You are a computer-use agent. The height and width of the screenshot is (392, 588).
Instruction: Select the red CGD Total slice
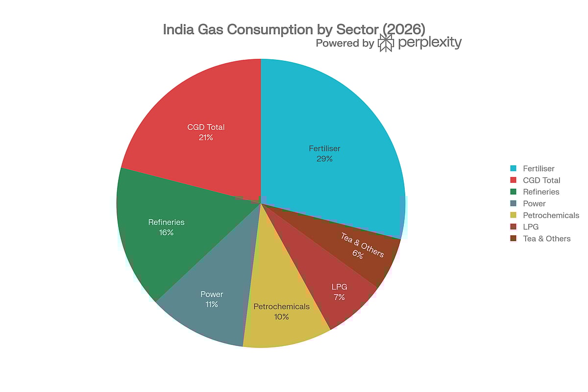click(196, 108)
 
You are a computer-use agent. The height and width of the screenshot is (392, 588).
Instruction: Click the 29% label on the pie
click(324, 159)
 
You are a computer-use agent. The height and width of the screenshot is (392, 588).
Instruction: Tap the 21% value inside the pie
click(206, 138)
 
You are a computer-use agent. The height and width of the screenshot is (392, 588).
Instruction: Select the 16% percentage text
click(166, 232)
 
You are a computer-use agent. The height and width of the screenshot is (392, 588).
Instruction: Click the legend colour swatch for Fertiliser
click(513, 168)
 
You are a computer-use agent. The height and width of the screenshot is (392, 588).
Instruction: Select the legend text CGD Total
click(541, 180)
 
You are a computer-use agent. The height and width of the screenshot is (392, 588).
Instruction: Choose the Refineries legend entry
click(540, 192)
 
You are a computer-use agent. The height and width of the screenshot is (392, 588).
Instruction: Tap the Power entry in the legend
click(534, 203)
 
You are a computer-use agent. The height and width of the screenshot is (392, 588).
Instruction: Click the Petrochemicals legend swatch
click(513, 215)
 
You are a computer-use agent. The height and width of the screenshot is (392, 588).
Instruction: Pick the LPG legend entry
click(530, 227)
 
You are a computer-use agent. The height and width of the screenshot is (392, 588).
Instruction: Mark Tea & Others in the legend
click(546, 239)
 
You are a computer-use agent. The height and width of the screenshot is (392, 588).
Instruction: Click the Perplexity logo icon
click(386, 43)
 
